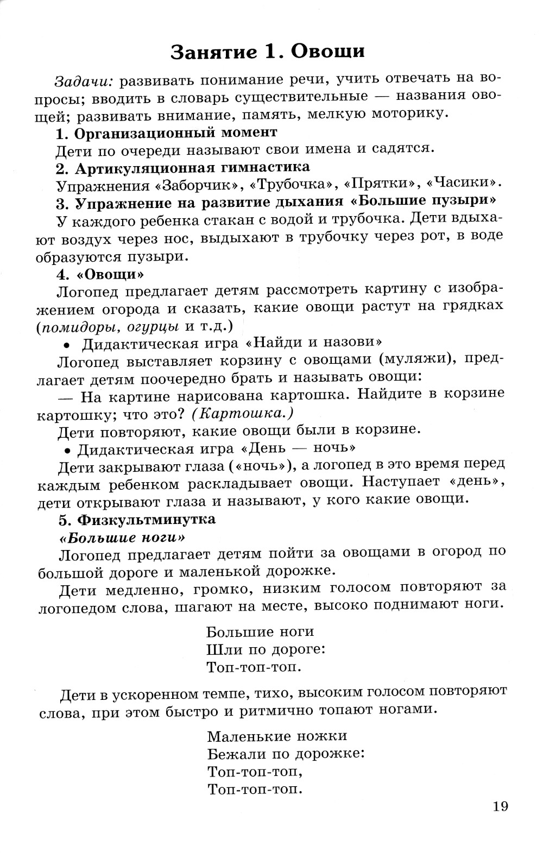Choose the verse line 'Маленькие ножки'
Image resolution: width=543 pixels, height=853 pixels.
point(277,736)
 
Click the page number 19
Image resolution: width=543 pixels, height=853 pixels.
point(501,806)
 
